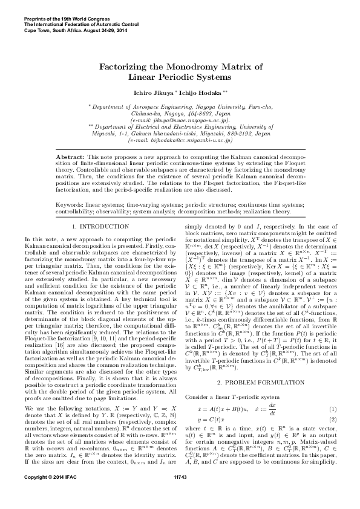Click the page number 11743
point(180,495)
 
